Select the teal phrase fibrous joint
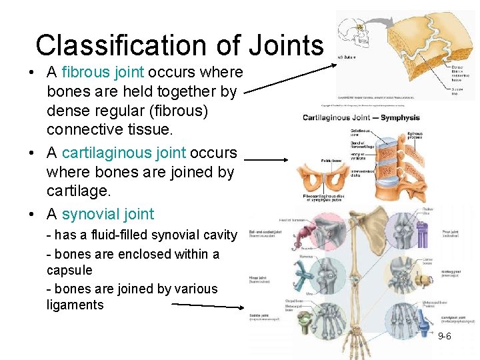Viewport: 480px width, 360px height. pos(104,72)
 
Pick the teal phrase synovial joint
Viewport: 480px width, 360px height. pos(107,214)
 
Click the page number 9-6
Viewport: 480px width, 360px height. pos(444,336)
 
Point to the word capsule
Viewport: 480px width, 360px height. pos(69,271)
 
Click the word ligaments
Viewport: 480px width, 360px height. pos(75,305)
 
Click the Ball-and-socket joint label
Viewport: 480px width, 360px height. pos(265,233)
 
